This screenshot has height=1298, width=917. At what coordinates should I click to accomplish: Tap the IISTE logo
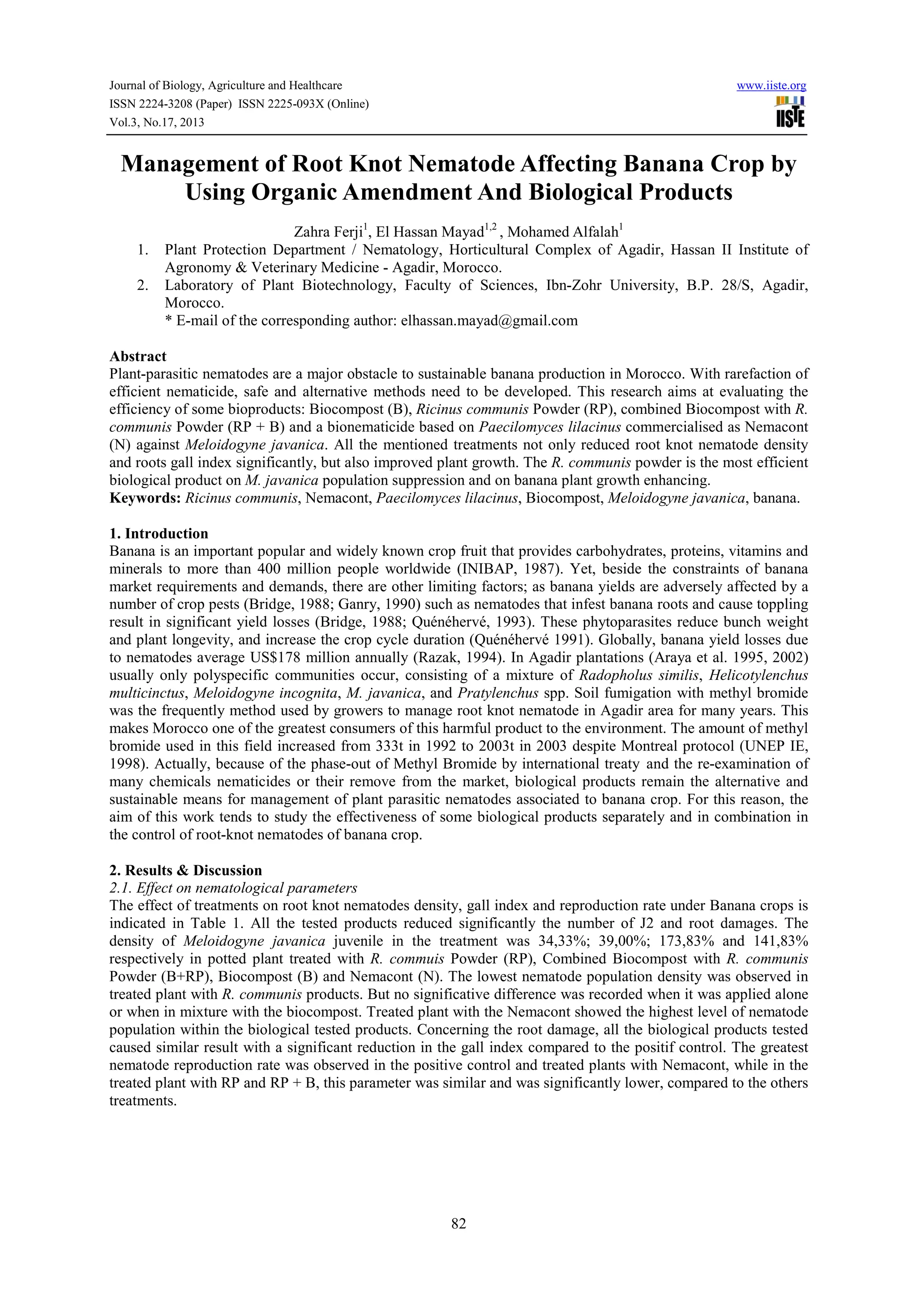[x=790, y=112]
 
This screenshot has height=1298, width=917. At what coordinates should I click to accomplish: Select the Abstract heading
[x=138, y=356]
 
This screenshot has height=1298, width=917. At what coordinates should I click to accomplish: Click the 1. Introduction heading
[x=159, y=534]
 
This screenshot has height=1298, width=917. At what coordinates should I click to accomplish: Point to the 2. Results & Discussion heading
[x=186, y=870]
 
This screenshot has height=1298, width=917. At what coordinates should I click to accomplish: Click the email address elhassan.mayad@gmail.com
[x=489, y=321]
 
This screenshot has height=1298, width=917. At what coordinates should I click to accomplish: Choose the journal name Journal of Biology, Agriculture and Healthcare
[x=225, y=86]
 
